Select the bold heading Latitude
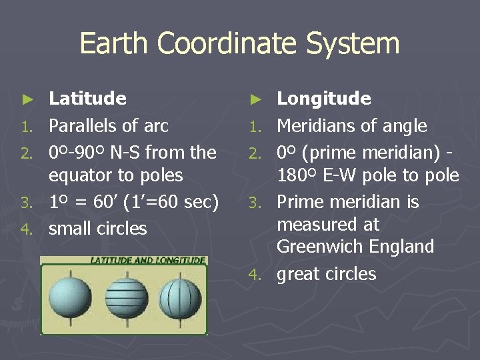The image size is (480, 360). pos(87,99)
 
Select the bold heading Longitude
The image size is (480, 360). pos(323,99)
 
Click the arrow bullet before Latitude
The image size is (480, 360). pos(27,99)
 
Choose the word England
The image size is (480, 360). pos(403,247)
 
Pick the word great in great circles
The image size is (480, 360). pos(298,274)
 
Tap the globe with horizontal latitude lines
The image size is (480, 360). pos(124,299)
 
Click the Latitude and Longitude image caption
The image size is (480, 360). pos(148,260)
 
